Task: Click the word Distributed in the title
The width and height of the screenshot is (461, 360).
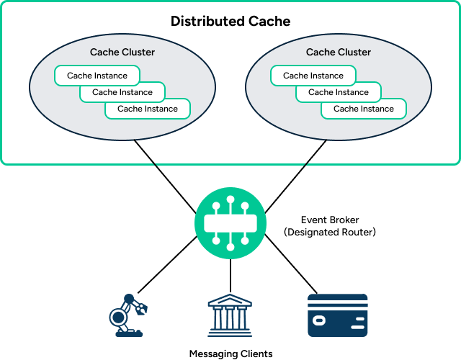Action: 205,21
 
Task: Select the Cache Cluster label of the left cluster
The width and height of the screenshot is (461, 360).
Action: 122,52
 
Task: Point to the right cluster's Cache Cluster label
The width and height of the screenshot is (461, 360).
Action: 339,52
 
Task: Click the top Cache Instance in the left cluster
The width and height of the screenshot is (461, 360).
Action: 97,76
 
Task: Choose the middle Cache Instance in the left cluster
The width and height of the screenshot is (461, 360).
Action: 122,92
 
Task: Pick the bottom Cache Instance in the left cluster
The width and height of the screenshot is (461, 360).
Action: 148,109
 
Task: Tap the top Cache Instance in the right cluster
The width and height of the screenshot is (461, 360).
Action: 313,76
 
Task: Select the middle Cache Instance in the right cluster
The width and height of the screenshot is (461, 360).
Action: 339,92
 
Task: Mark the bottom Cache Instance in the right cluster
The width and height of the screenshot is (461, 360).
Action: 364,109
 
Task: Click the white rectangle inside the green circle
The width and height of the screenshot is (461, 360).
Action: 230,223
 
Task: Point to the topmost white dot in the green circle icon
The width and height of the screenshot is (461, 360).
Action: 230,199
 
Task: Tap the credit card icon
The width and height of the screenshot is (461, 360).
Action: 338,315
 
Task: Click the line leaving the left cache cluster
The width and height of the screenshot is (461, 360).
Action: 146,154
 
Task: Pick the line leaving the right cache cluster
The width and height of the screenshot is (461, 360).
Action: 315,154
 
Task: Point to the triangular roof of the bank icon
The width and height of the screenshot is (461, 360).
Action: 230,300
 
